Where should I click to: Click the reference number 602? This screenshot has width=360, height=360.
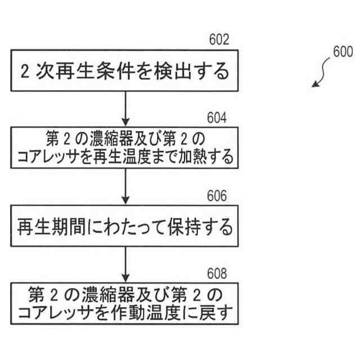[218, 40]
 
